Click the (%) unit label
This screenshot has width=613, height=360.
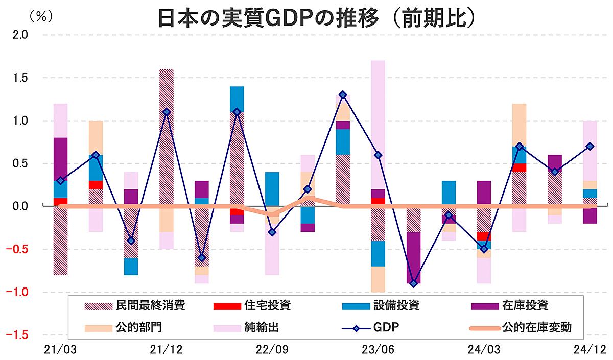42,16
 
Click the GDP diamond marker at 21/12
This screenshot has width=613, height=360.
166,112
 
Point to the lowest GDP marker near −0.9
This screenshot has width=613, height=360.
414,283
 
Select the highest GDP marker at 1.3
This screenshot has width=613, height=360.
343,95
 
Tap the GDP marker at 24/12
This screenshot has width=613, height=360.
590,147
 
